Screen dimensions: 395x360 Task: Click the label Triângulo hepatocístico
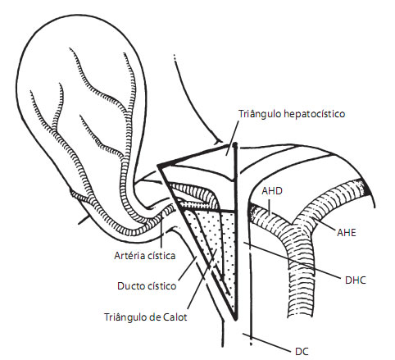[292, 114]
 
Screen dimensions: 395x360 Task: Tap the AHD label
[272, 191]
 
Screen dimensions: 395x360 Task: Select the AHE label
[347, 233]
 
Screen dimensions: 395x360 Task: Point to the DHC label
[355, 280]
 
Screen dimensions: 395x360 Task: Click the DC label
[302, 352]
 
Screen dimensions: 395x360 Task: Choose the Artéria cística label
[145, 256]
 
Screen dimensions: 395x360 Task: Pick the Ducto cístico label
[147, 286]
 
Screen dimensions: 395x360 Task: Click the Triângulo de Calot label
[146, 317]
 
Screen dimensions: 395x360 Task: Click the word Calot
[175, 317]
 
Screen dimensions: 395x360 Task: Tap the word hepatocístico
[315, 114]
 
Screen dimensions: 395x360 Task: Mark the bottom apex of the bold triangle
[235, 319]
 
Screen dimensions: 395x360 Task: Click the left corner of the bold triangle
[159, 166]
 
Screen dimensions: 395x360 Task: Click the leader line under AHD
[269, 207]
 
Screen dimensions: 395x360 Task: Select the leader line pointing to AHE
[327, 225]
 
